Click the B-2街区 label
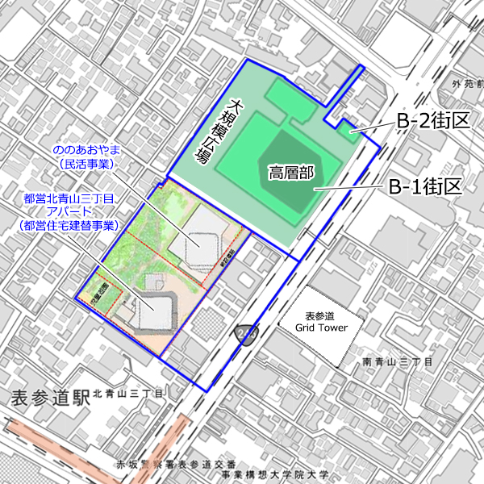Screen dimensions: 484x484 (x=432, y=121)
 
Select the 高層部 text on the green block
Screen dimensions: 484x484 (x=291, y=172)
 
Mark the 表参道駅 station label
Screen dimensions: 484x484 (x=48, y=397)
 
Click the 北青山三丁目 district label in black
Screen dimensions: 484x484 (x=128, y=394)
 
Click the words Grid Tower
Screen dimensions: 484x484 (x=321, y=328)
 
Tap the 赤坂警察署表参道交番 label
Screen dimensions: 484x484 (x=177, y=465)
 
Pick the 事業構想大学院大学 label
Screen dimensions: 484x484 (x=275, y=476)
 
